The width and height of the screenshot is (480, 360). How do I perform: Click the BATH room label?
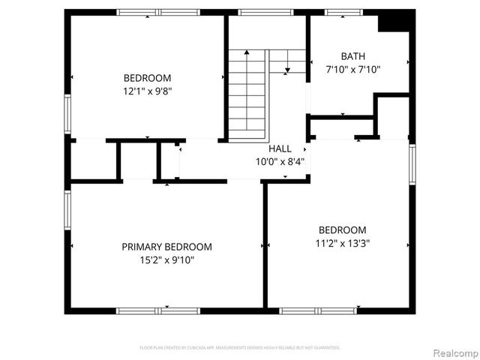click(353, 56)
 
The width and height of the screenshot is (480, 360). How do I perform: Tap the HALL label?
click(280, 149)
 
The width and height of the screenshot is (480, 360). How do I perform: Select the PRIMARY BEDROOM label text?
click(166, 247)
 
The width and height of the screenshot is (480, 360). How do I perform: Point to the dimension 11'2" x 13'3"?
click(343, 243)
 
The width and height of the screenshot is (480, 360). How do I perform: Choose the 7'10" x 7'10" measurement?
click(353, 70)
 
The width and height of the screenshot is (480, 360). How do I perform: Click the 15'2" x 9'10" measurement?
click(166, 260)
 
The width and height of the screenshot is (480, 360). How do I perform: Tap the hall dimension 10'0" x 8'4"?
click(280, 161)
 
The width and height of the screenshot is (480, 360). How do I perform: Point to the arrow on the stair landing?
click(287, 70)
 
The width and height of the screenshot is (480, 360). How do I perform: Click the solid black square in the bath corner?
click(394, 22)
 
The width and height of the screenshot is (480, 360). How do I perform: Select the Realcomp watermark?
click(451, 352)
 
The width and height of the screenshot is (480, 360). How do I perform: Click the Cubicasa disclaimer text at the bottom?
click(240, 348)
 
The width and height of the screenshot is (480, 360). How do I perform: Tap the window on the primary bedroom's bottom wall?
click(158, 310)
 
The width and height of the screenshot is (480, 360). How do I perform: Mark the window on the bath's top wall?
click(343, 12)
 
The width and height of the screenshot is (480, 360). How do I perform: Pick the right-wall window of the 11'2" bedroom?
click(412, 163)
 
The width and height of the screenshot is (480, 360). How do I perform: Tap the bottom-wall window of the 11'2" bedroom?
click(318, 310)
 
